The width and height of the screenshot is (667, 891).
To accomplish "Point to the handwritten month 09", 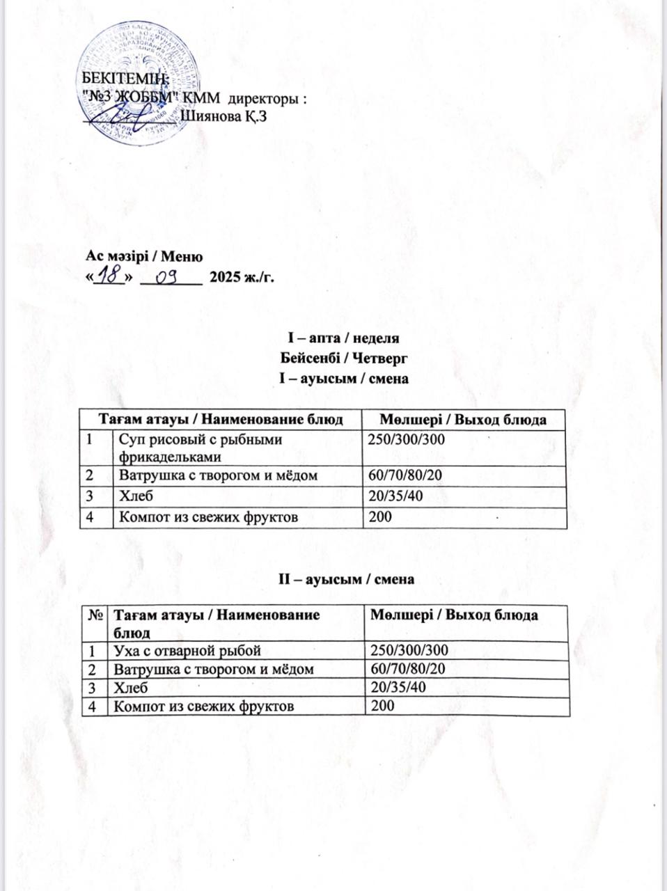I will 168,278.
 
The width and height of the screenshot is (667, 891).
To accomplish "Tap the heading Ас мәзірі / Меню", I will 144,258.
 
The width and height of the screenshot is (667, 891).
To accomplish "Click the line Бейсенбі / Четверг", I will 343,358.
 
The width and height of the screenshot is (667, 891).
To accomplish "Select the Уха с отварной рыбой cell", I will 187,651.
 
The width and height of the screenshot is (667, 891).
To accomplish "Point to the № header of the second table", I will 96,615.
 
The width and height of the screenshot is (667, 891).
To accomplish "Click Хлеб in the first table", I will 136,496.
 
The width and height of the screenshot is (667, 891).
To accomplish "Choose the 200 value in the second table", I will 382,705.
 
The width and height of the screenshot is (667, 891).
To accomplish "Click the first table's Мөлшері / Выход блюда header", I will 462,419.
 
